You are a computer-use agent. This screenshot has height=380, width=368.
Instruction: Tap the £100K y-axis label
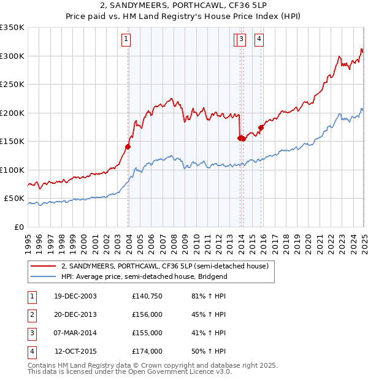pos(12,170)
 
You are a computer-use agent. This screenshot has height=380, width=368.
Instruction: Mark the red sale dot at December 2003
pos(128,146)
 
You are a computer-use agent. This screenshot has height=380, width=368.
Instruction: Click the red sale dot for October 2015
pos(261,127)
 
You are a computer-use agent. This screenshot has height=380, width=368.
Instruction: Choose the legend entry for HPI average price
pos(144,276)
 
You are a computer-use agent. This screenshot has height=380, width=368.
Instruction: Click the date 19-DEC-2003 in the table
pos(75,296)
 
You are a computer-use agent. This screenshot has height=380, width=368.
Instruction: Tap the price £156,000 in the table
pos(147,314)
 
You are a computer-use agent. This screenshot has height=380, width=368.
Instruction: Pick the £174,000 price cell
pos(147,351)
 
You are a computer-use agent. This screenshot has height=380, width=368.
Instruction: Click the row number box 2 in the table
pos(31,314)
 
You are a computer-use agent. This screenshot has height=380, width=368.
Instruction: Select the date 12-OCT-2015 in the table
pos(75,351)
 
